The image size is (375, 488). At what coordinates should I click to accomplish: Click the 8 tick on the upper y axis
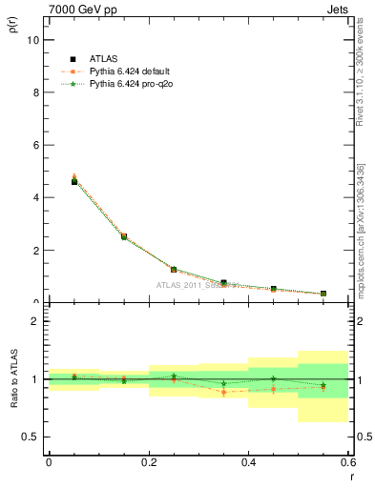tap(35, 93)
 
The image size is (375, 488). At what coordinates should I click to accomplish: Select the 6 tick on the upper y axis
tap(35, 146)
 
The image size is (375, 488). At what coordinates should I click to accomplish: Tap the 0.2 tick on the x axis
tap(148, 462)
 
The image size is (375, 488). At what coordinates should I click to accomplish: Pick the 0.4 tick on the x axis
tap(248, 462)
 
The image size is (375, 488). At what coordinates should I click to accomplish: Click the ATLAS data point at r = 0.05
tap(73, 181)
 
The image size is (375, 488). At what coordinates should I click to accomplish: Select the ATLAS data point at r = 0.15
tap(124, 235)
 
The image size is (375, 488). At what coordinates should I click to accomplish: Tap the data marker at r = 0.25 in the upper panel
tap(174, 270)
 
